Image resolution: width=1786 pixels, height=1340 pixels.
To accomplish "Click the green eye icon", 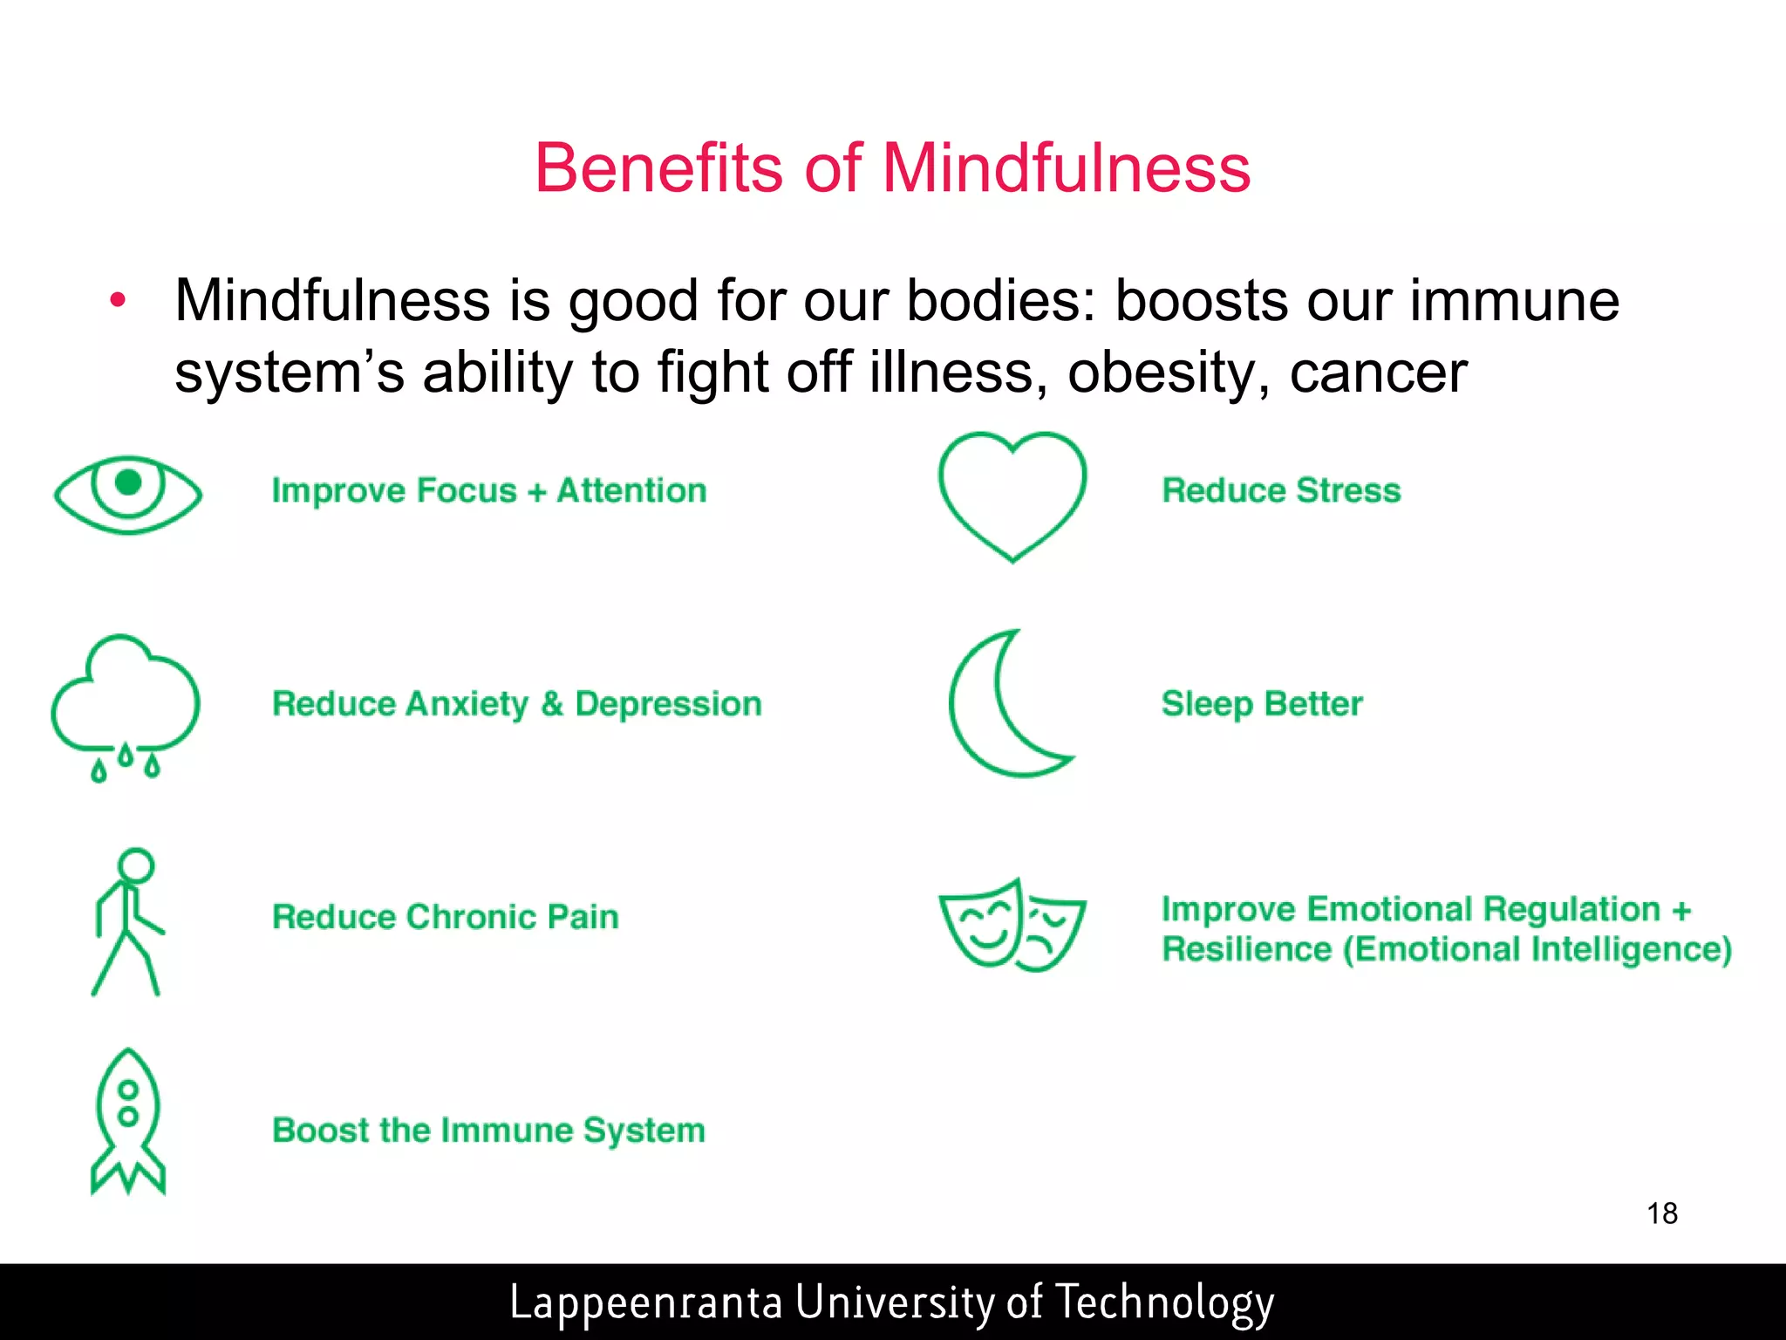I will [127, 495].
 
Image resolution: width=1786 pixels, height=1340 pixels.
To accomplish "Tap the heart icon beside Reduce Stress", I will [1012, 495].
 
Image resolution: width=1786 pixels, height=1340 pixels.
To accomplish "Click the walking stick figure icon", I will [128, 921].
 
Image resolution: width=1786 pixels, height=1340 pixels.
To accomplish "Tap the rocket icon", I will [128, 1120].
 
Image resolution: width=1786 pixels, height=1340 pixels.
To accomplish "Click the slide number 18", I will [1662, 1214].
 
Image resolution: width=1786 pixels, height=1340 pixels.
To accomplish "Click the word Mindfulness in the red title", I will [1066, 167].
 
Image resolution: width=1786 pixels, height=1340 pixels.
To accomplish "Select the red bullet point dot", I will [118, 301].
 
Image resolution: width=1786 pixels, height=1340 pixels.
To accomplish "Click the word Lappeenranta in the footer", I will [645, 1302].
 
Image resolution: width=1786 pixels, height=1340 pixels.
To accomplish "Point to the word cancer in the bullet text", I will [1378, 373].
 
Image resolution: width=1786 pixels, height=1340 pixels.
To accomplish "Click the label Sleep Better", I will [1262, 704].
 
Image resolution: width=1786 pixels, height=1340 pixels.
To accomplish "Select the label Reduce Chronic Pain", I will [446, 917].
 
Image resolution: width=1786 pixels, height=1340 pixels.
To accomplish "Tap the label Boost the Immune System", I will [488, 1131].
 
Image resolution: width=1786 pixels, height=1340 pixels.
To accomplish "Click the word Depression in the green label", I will [668, 704].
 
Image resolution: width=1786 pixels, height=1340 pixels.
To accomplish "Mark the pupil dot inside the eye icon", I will [128, 482].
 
